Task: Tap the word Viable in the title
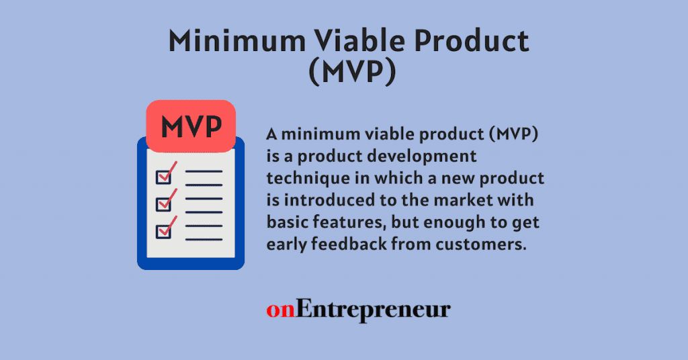344,42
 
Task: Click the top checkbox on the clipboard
163,177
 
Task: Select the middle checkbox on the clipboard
163,204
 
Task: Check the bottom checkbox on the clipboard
163,231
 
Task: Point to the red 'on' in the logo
280,310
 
